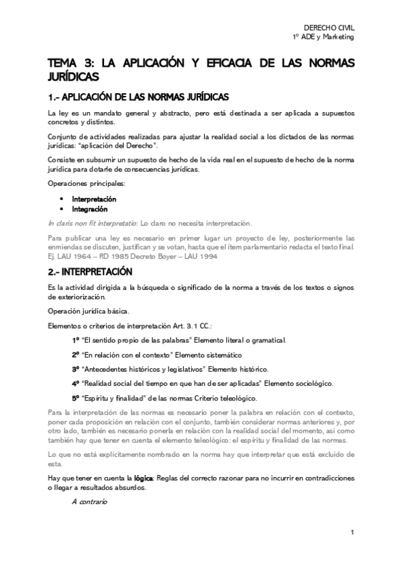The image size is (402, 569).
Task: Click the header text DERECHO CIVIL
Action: (329, 27)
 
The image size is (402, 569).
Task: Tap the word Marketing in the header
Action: (336, 36)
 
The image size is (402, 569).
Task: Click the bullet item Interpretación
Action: (94, 199)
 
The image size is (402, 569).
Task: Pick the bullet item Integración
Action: (90, 209)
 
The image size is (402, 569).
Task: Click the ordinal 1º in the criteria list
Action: (76, 340)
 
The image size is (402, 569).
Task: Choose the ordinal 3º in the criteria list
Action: (76, 369)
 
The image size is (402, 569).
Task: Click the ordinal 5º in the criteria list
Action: (76, 398)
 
